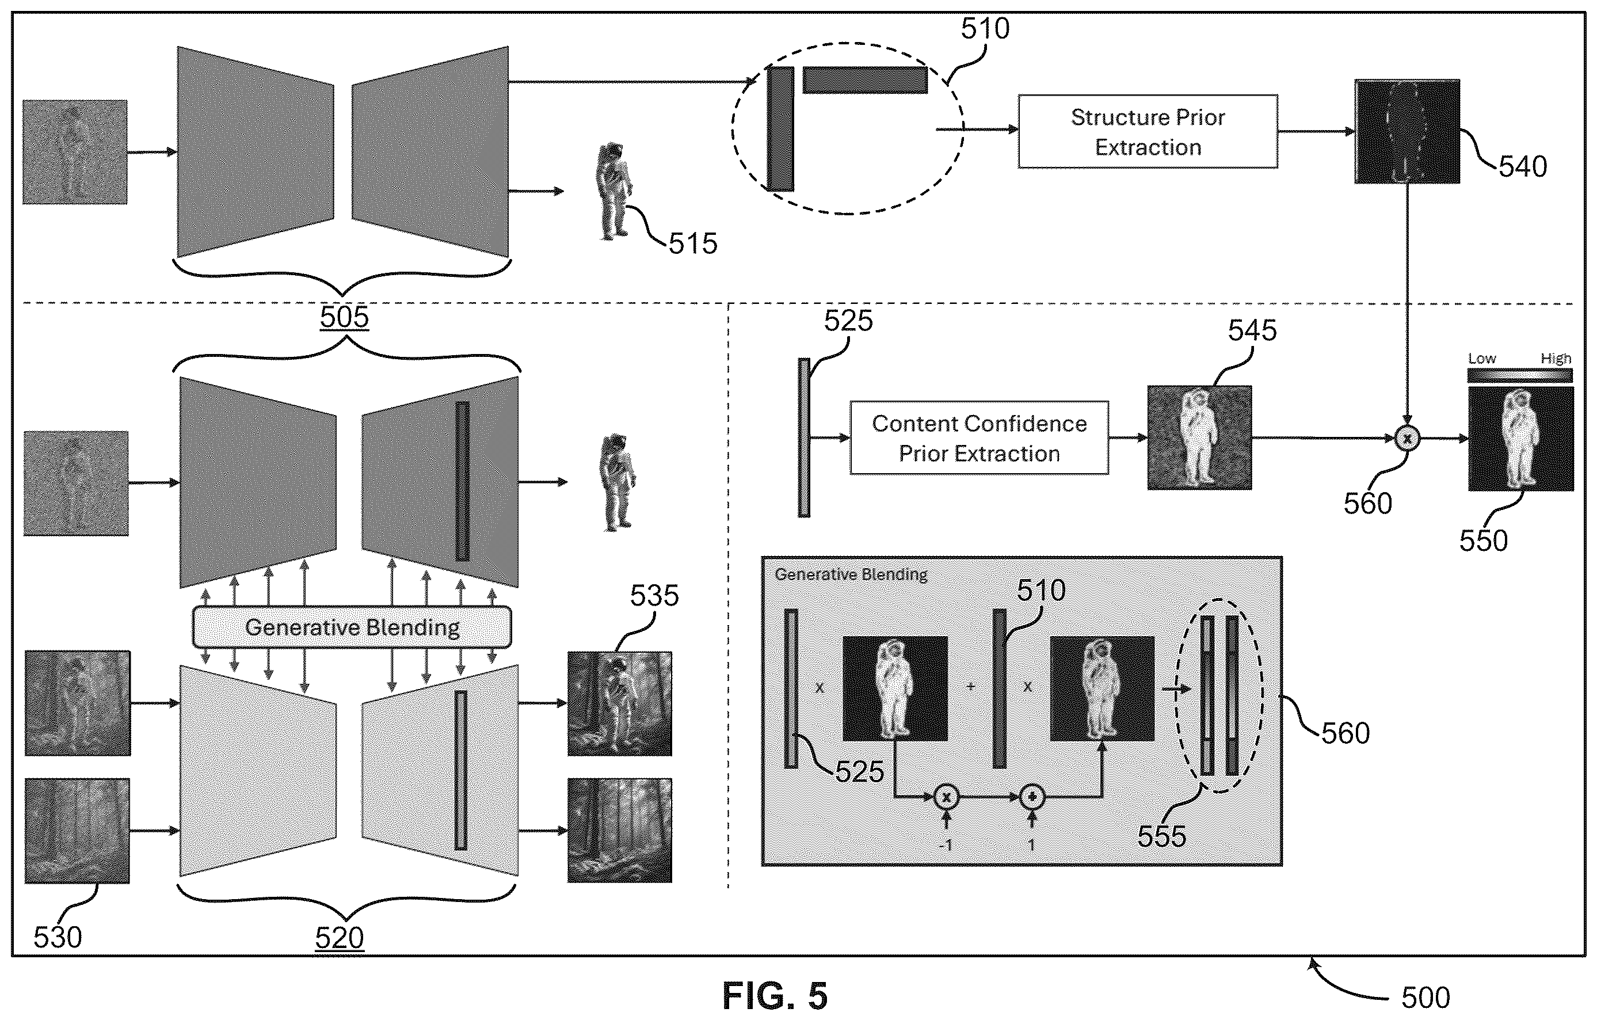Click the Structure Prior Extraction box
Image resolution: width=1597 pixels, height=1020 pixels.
click(1148, 131)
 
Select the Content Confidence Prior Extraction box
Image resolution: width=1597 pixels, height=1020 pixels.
click(979, 437)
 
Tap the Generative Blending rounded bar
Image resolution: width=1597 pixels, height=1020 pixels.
click(352, 627)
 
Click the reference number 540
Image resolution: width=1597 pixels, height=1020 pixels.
click(1523, 166)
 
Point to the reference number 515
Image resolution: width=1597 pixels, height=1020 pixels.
click(692, 243)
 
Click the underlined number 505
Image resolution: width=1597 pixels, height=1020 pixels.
click(344, 317)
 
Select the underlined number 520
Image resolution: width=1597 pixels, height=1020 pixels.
click(339, 938)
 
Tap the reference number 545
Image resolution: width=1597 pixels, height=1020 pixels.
click(1252, 330)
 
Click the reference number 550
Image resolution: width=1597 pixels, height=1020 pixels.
click(1484, 541)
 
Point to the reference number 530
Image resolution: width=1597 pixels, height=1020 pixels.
click(58, 937)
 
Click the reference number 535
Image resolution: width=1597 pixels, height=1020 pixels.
click(654, 596)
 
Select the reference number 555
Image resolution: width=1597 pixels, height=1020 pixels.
click(1162, 836)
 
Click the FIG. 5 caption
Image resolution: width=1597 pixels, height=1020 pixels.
click(775, 995)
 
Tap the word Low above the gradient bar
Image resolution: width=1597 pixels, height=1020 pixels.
click(1481, 359)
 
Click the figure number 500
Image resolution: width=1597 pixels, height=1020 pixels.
click(1426, 998)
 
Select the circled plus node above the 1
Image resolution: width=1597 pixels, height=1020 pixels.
click(1031, 797)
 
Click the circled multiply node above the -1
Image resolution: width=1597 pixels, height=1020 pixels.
click(946, 797)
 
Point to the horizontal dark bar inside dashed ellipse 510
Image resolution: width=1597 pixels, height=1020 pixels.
click(865, 79)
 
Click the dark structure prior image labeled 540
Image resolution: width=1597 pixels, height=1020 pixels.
click(1407, 131)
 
